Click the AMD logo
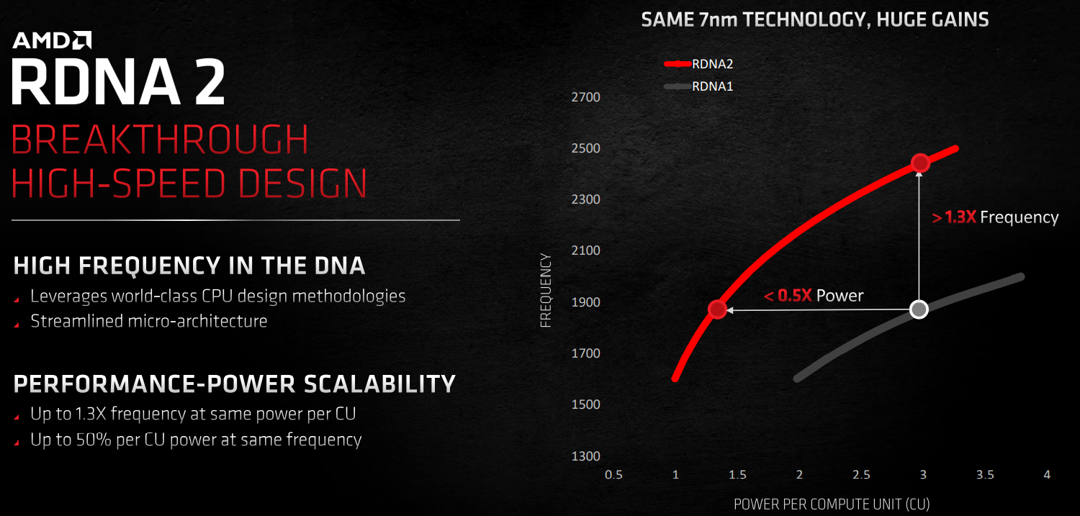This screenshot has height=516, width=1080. [52, 40]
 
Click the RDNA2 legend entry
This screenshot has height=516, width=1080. [698, 63]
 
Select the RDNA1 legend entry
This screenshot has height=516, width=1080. [698, 86]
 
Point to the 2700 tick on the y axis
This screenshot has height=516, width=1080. [586, 97]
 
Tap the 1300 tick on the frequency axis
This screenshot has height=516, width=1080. [586, 456]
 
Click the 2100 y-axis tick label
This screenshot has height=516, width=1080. [586, 250]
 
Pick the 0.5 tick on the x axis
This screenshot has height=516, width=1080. [613, 475]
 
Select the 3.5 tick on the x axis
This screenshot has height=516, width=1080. [985, 475]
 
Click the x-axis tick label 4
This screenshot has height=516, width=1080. [1047, 475]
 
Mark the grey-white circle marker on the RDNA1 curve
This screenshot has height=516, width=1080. [919, 309]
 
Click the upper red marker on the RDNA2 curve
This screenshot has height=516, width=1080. [920, 163]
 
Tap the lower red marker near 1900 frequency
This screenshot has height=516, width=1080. [717, 309]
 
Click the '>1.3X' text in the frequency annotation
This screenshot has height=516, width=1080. [954, 218]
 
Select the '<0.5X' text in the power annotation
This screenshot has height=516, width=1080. [788, 296]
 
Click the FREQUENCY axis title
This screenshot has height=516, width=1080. [545, 291]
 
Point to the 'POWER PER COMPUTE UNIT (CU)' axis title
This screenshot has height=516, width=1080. [831, 504]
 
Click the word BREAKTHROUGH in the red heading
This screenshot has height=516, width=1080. [159, 140]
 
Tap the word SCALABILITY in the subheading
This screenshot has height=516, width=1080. [379, 384]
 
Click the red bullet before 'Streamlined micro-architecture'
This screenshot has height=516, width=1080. [17, 325]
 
